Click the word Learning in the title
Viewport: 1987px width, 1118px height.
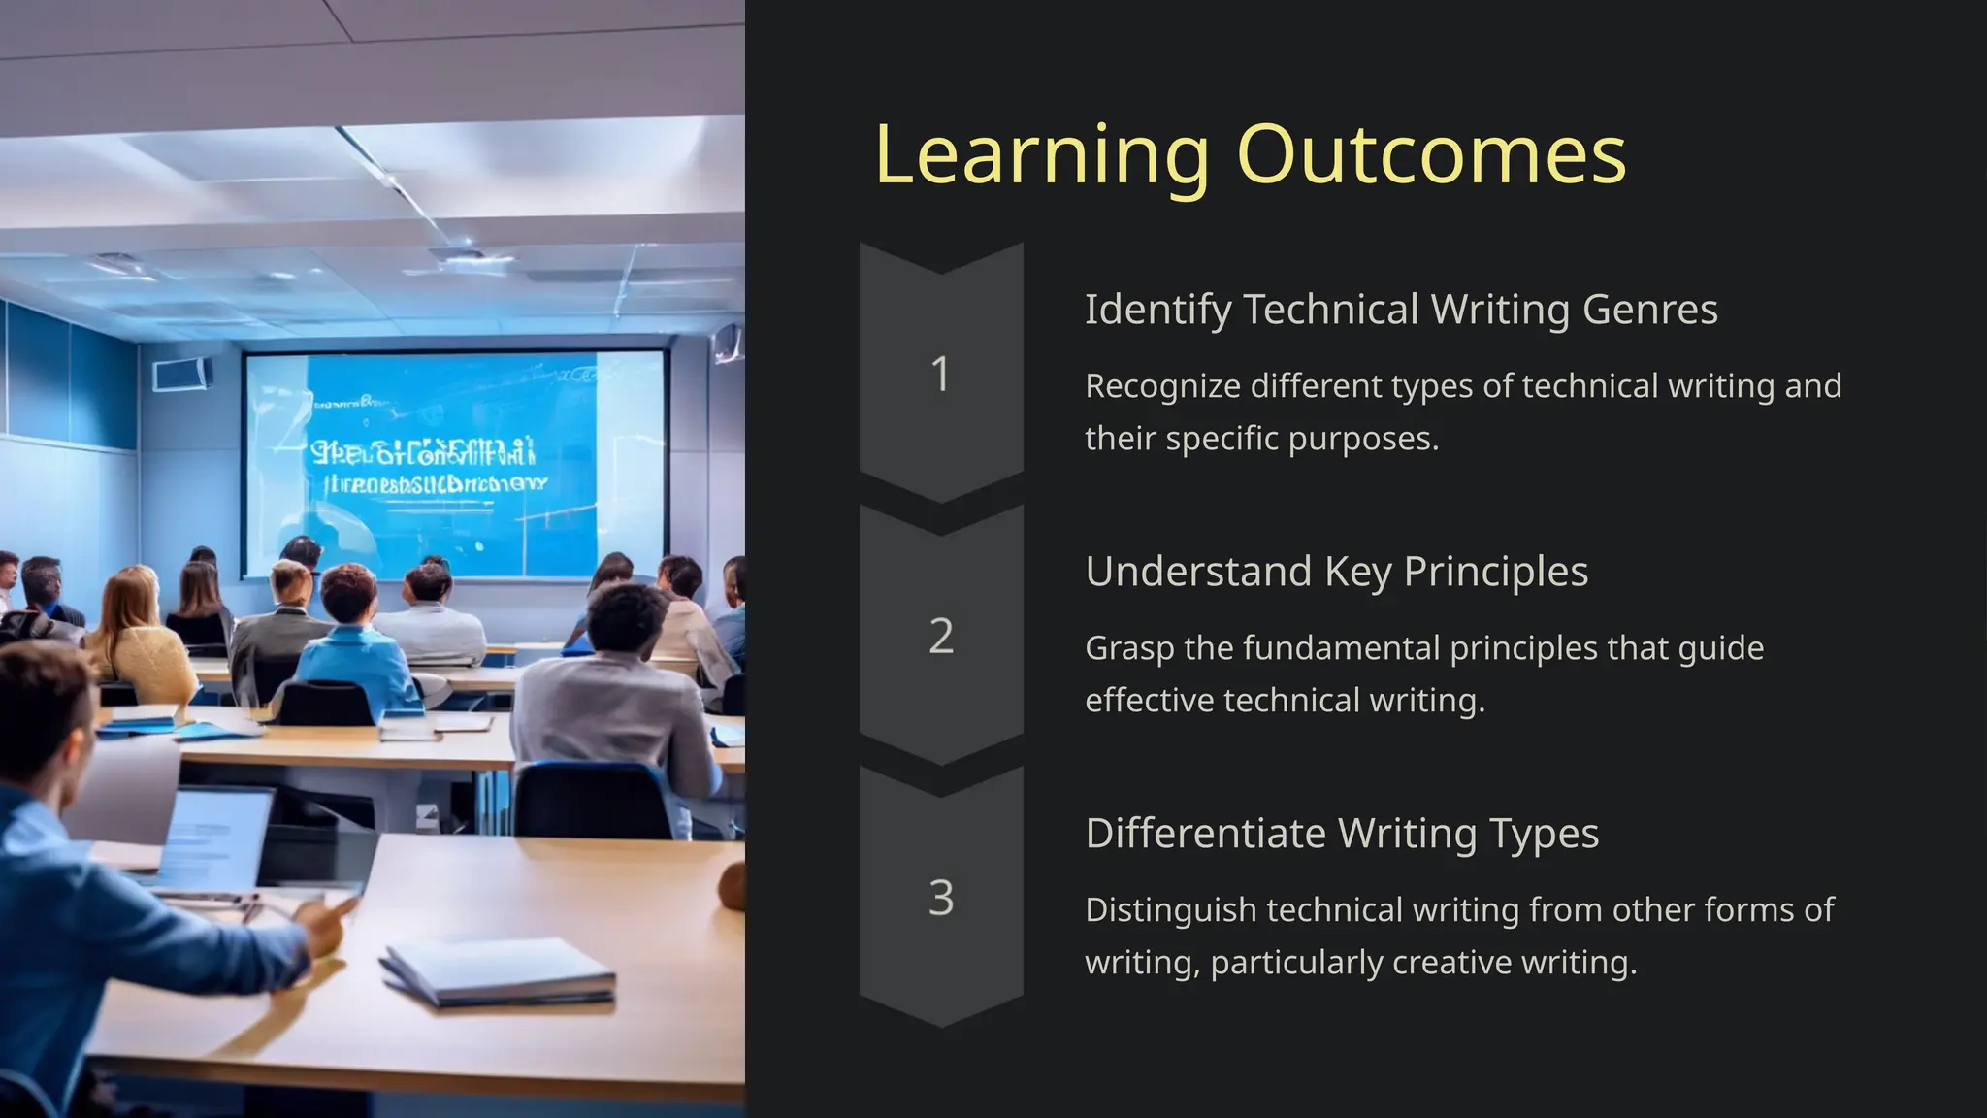pyautogui.click(x=1041, y=155)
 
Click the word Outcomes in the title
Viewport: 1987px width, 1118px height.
pyautogui.click(x=1431, y=155)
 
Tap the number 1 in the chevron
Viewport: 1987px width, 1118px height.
pyautogui.click(x=940, y=375)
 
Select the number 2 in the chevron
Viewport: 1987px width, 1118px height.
pyautogui.click(x=940, y=637)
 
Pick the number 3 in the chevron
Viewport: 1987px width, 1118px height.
pyautogui.click(x=940, y=899)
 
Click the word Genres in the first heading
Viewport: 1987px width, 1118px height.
pyautogui.click(x=1649, y=311)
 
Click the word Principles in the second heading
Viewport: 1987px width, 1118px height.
pyautogui.click(x=1495, y=572)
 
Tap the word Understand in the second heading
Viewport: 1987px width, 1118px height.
pyautogui.click(x=1198, y=572)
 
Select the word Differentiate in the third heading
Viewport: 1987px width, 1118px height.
pyautogui.click(x=1205, y=834)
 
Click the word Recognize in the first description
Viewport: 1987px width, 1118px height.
pyautogui.click(x=1162, y=386)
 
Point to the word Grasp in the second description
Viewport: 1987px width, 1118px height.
pyautogui.click(x=1128, y=648)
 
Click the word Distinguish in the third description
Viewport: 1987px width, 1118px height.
pyautogui.click(x=1171, y=910)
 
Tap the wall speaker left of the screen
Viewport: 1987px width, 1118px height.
pyautogui.click(x=181, y=374)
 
